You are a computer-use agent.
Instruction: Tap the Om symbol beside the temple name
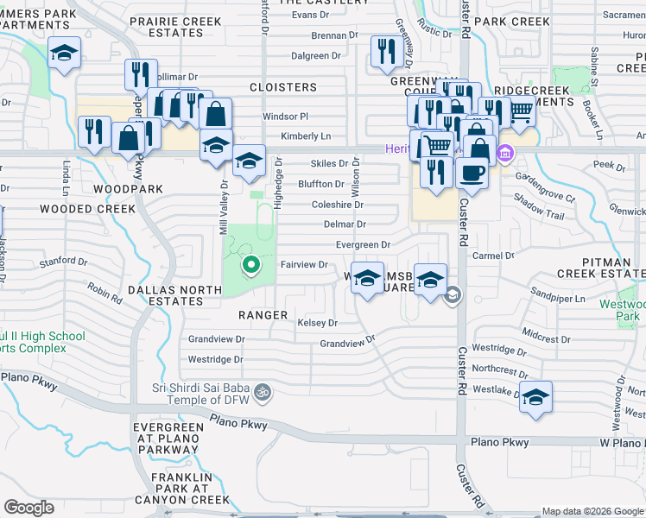click(x=266, y=393)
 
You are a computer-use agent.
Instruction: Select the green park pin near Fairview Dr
click(x=251, y=265)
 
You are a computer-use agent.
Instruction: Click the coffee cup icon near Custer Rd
click(x=472, y=172)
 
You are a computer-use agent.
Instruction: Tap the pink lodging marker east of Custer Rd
click(x=506, y=155)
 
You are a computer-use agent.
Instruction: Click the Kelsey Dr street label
click(x=317, y=323)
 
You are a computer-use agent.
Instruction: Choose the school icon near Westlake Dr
click(x=535, y=397)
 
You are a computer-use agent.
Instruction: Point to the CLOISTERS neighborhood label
click(x=283, y=87)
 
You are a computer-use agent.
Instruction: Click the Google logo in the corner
click(x=29, y=508)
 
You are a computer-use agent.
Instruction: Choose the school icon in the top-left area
click(x=65, y=54)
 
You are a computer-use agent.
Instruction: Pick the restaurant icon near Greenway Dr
click(x=383, y=52)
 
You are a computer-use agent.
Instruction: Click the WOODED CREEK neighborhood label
click(x=87, y=209)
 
